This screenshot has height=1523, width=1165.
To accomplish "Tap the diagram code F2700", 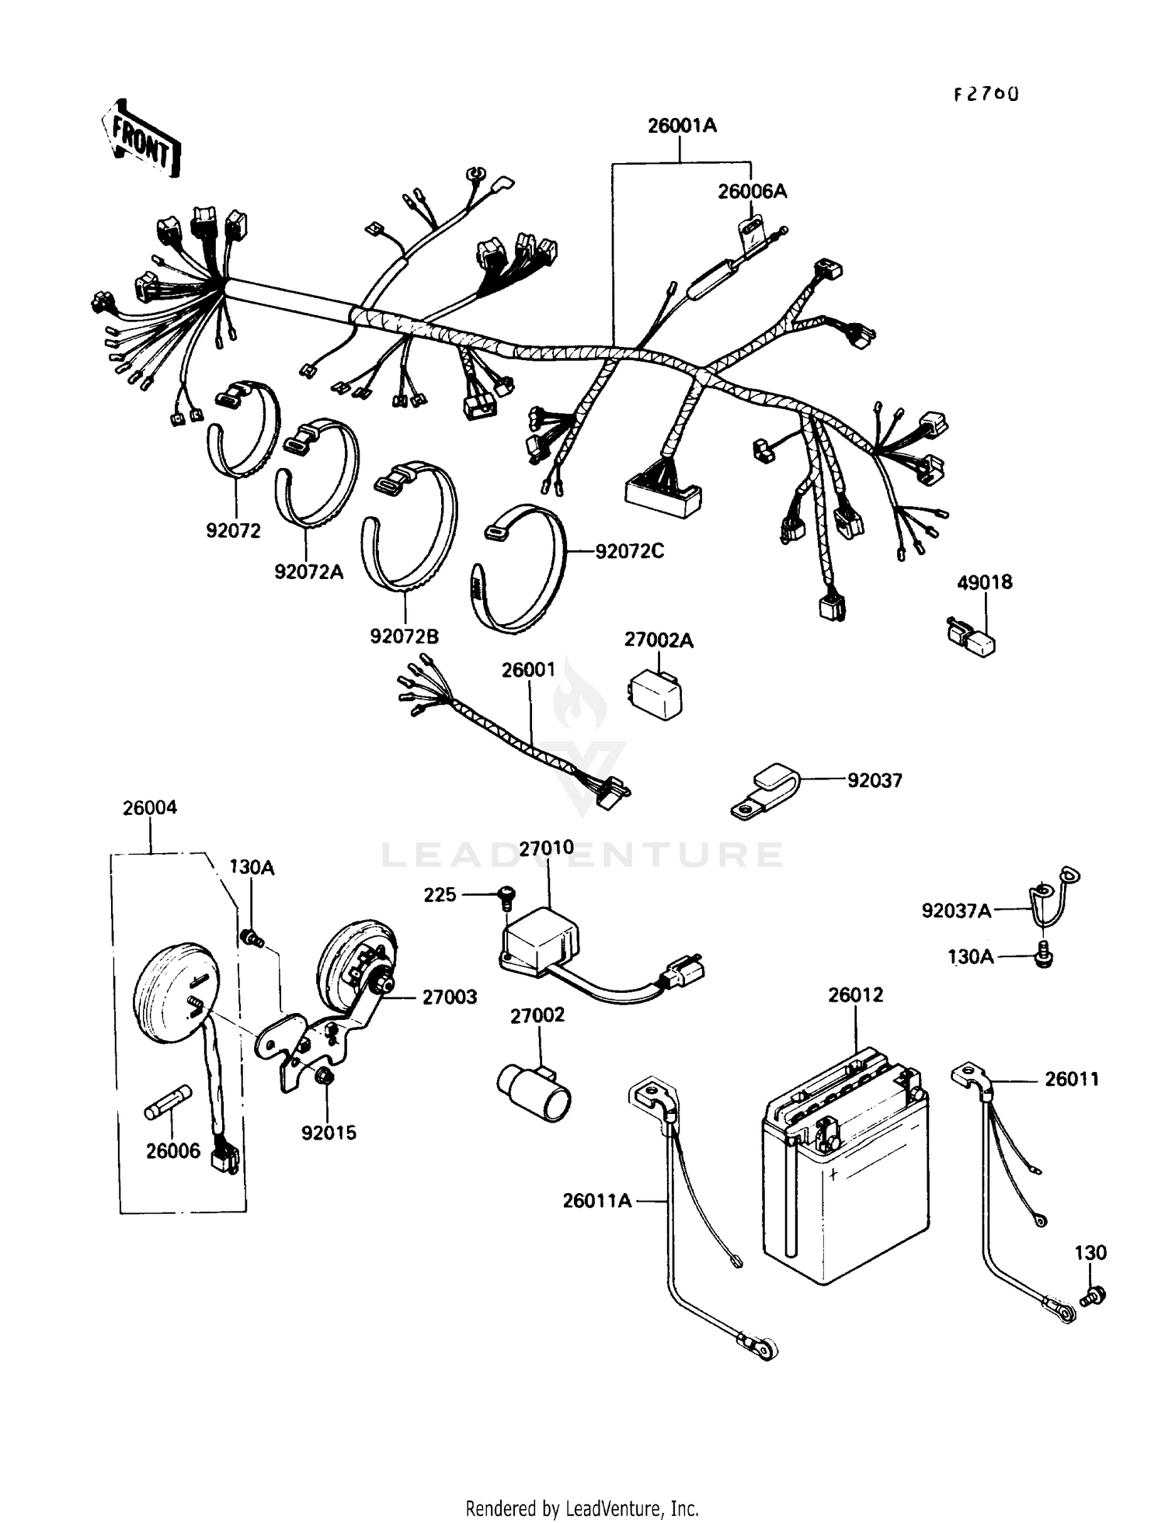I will click(x=986, y=95).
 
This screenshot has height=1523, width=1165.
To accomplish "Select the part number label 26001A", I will click(x=682, y=126).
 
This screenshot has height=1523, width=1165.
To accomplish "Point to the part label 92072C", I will click(x=629, y=551).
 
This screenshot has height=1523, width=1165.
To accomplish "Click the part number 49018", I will click(x=984, y=582).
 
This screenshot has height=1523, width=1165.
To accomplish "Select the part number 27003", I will click(x=449, y=997).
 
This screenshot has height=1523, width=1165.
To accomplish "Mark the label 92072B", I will click(x=404, y=637).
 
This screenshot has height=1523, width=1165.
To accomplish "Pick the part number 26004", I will click(x=149, y=808).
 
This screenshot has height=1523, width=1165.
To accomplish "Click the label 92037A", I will click(x=956, y=911).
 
